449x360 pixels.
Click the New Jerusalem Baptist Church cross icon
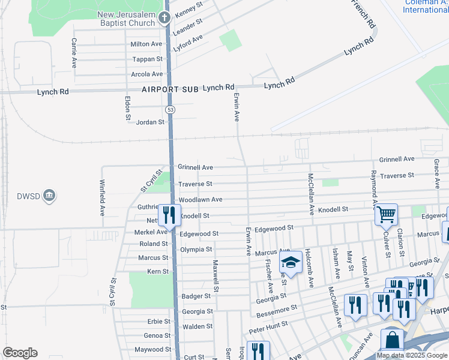coord(166,18)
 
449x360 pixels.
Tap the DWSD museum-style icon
coord(50,195)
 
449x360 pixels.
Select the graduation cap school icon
coord(291,263)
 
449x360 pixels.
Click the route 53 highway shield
coord(170,109)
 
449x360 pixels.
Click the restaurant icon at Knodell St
coord(169,214)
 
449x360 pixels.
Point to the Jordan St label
coord(151,122)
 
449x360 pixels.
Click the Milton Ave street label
coord(146,44)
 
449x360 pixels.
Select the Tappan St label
coord(148,59)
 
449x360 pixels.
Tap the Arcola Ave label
coord(147,74)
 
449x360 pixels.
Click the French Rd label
coord(364,15)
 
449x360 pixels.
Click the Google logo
coord(20,353)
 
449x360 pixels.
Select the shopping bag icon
coord(392,340)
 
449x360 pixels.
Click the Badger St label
coord(196,296)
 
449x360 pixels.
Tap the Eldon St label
coord(128,109)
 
